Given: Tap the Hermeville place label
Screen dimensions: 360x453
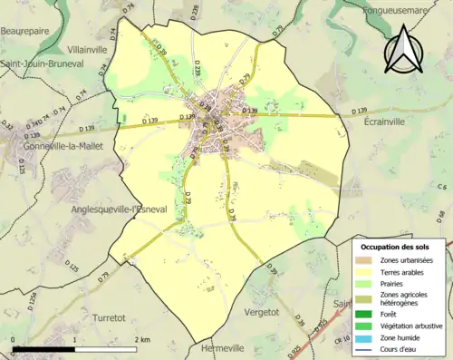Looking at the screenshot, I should [x=221, y=349].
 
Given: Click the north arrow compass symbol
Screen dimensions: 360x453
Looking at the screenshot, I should [x=405, y=51].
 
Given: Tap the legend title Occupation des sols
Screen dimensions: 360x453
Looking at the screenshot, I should [x=395, y=247].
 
